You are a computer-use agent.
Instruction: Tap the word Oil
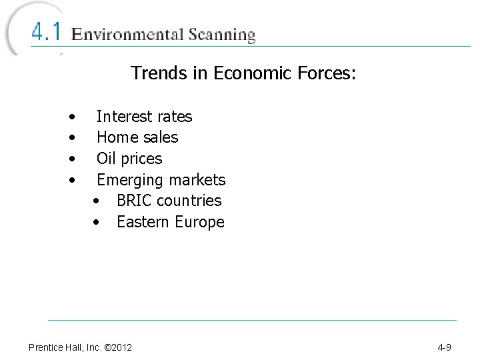(105, 159)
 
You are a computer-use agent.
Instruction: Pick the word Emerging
(129, 180)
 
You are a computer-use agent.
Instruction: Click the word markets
(197, 180)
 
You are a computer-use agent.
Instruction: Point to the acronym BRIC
(133, 201)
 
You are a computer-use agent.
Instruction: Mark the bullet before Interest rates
(72, 117)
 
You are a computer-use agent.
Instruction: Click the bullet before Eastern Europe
(97, 223)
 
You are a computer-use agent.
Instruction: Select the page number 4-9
(445, 347)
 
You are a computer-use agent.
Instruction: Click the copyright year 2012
(120, 347)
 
